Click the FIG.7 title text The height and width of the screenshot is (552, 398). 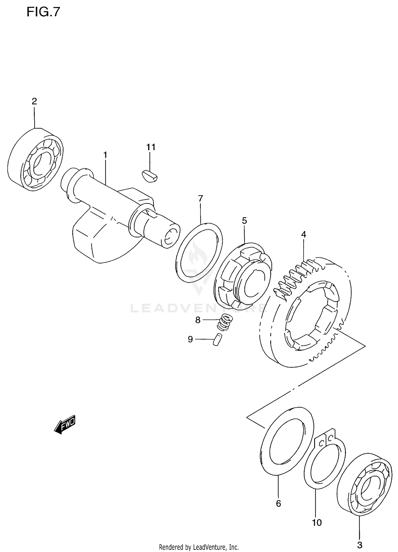[44, 12]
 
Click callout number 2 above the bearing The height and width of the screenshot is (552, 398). [34, 101]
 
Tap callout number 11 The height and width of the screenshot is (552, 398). [151, 147]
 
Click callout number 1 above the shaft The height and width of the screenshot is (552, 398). [105, 155]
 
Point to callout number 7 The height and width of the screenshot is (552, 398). [200, 198]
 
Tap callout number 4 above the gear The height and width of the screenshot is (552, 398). [304, 234]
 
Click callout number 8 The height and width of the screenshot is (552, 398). [198, 320]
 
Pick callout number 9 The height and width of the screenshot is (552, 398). [190, 339]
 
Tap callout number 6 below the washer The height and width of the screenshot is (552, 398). [278, 503]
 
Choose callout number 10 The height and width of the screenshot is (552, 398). [317, 523]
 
